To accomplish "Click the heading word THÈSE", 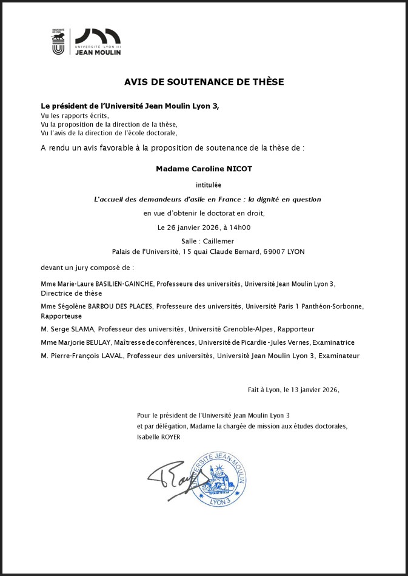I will point(267,81).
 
